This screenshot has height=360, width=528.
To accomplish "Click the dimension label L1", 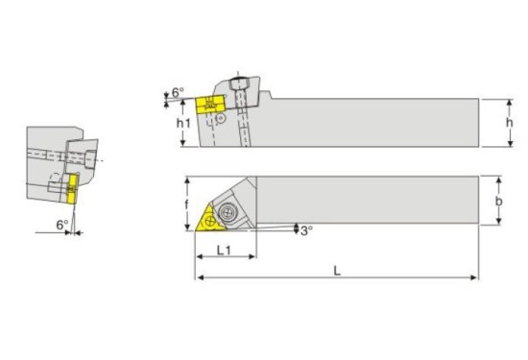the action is [x=224, y=250].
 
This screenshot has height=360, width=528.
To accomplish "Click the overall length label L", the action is [x=337, y=271].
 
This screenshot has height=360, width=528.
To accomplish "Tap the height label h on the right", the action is [x=510, y=122].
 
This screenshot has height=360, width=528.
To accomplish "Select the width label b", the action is [x=498, y=201].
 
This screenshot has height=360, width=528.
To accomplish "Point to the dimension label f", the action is [x=187, y=204].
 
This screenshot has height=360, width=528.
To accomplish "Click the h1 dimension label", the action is [x=183, y=123].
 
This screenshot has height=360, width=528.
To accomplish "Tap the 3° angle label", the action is [x=306, y=230].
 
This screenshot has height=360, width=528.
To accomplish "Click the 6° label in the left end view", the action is [x=62, y=225].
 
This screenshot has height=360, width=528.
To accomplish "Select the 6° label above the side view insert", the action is [x=178, y=92].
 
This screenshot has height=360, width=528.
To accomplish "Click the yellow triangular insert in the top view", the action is [x=208, y=221].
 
